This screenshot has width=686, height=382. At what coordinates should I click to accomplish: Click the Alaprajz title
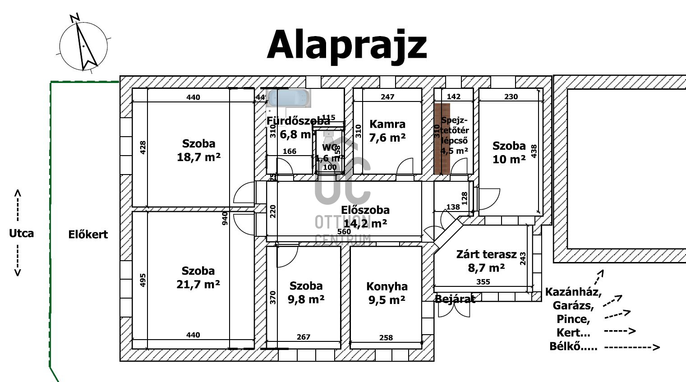346,45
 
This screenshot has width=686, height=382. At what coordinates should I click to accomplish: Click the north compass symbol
83,45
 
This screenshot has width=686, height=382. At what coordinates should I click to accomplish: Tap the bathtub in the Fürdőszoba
289,98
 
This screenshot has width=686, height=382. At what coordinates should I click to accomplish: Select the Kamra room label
387,124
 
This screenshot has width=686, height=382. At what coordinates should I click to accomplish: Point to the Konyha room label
387,286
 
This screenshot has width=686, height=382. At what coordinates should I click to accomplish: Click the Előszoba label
365,210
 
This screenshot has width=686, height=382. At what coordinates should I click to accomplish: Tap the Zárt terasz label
486,254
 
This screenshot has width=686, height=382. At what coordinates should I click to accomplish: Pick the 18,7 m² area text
198,157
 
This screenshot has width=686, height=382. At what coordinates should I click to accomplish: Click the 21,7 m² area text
198,285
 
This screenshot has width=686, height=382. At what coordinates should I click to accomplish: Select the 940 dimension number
225,218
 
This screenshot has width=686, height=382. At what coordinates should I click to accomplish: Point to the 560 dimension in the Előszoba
344,232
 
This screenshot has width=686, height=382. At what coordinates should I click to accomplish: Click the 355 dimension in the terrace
483,282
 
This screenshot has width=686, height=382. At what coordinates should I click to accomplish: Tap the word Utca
21,233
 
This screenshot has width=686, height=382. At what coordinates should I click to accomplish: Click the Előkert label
88,235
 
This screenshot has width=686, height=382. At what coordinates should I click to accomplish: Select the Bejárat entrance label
455,299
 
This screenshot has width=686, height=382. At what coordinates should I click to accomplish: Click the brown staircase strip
442,138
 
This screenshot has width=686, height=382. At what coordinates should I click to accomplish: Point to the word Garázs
573,305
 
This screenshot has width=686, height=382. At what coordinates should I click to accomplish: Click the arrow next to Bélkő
631,347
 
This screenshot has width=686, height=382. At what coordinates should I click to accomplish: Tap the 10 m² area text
509,159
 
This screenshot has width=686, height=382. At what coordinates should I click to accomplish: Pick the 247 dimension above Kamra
387,97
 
